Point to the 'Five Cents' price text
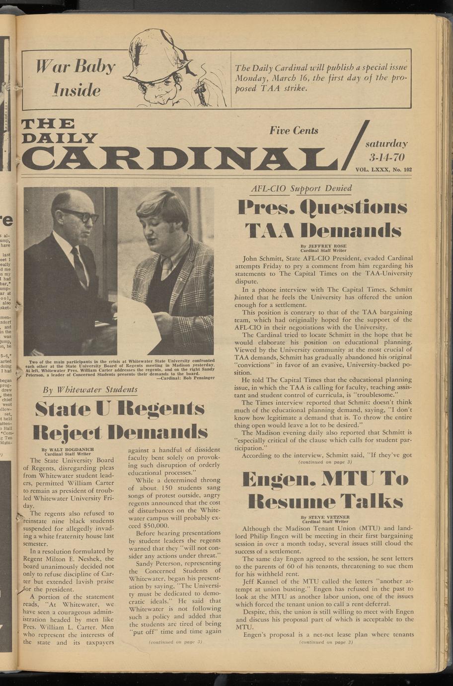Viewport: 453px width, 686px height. (x=294, y=131)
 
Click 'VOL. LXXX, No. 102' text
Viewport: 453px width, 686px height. (x=383, y=170)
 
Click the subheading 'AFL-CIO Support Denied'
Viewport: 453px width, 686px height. (x=302, y=188)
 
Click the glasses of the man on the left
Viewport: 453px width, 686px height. (x=79, y=215)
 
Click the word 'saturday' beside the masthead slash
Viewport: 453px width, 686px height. (x=386, y=144)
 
